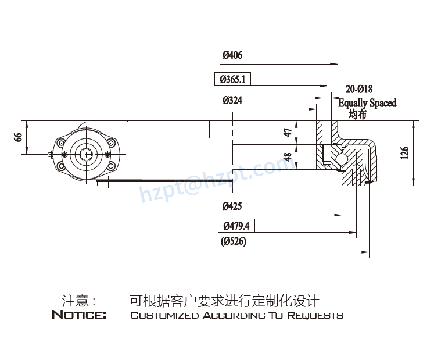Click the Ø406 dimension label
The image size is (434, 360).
click(x=232, y=56)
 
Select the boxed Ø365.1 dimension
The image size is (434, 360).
click(x=232, y=79)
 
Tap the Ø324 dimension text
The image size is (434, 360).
click(x=232, y=101)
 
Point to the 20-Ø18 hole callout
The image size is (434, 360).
click(x=358, y=89)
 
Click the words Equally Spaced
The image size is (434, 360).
click(x=367, y=103)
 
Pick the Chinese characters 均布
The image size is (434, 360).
click(x=358, y=114)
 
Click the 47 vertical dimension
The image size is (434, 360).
click(x=287, y=132)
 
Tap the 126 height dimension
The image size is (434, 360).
click(x=405, y=152)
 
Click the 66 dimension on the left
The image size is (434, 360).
click(x=19, y=137)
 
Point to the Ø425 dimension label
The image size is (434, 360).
click(x=232, y=206)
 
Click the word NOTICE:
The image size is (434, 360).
click(x=79, y=316)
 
